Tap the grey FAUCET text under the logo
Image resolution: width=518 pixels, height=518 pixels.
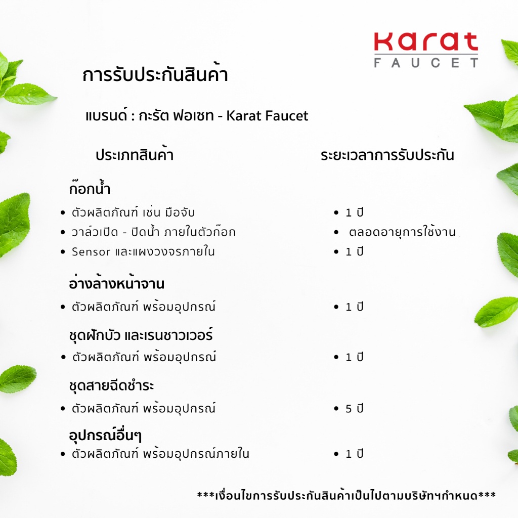(426, 63)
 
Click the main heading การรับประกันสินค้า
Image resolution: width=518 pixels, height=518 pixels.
(155, 75)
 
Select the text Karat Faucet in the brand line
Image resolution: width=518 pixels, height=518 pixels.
(267, 116)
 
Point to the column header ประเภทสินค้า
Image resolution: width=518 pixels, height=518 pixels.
(135, 155)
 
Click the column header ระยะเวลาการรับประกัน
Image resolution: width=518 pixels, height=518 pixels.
(387, 155)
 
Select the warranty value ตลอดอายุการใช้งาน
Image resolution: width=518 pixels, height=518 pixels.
(402, 232)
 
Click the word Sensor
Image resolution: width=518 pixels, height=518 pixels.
(91, 251)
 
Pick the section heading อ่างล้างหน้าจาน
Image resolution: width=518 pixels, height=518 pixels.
(117, 284)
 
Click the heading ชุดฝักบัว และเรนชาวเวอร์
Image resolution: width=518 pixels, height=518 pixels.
(140, 335)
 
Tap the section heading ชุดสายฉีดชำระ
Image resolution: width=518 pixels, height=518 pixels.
(111, 385)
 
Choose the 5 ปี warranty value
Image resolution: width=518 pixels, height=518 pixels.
(355, 408)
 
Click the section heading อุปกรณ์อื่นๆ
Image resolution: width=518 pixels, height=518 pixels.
(108, 435)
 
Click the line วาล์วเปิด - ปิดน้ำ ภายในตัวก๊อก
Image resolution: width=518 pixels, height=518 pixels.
(153, 232)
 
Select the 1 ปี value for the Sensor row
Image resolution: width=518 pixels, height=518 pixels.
(355, 251)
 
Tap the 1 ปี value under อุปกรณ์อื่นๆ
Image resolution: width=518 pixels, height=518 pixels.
(355, 454)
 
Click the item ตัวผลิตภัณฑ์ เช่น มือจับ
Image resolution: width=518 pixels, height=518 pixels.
(133, 212)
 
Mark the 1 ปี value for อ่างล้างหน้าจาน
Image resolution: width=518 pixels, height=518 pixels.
(355, 307)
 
